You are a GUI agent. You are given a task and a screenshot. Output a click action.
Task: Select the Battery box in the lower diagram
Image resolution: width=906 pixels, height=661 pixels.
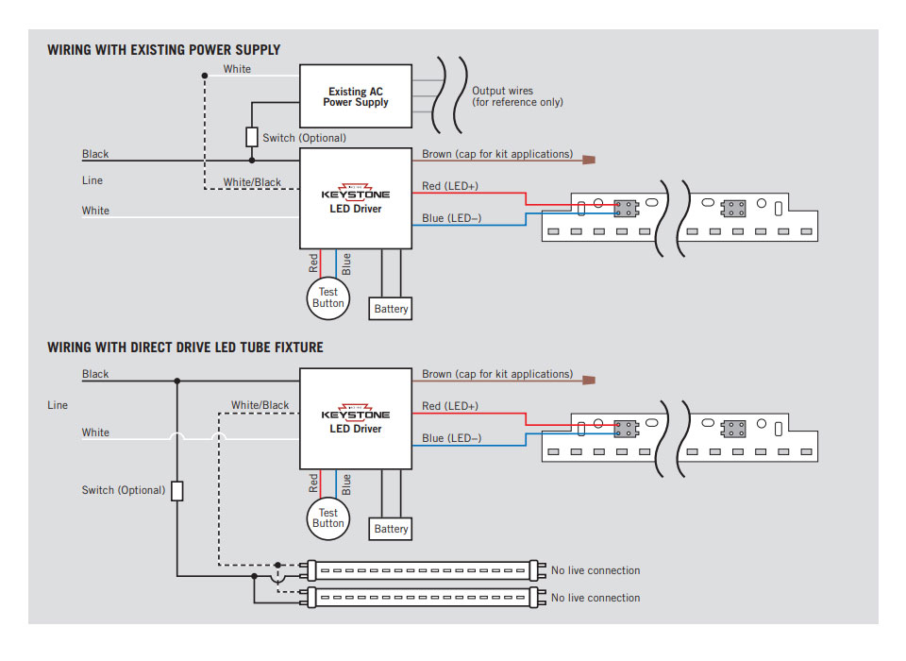tap(391, 529)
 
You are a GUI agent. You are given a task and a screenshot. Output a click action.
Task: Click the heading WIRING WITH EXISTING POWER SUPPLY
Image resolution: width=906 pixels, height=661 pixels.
tap(163, 50)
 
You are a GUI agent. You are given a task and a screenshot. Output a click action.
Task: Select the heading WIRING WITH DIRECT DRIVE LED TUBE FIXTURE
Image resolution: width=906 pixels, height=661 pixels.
tap(185, 347)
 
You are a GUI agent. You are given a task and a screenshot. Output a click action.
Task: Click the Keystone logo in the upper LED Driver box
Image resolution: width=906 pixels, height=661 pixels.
tap(356, 192)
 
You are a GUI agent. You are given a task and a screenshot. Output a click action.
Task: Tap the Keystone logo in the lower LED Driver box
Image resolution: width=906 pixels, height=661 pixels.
tap(356, 412)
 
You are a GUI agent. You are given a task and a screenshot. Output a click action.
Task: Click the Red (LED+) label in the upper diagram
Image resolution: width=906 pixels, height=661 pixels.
tap(450, 186)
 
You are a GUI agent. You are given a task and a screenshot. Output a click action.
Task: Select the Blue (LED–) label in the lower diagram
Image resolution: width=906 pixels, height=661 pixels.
tap(451, 438)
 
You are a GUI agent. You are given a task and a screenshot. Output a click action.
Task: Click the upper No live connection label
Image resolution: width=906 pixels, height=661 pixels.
tap(596, 570)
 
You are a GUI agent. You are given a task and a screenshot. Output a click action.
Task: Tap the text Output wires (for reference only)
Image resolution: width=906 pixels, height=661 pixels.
tap(517, 96)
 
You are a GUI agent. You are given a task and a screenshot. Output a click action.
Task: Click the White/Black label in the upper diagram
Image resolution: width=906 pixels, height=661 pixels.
tap(252, 182)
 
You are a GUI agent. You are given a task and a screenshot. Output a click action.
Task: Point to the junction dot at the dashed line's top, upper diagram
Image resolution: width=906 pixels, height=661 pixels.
tap(205, 76)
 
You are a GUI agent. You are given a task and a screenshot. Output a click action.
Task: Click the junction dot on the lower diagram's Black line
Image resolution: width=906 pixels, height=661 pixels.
tap(177, 381)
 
